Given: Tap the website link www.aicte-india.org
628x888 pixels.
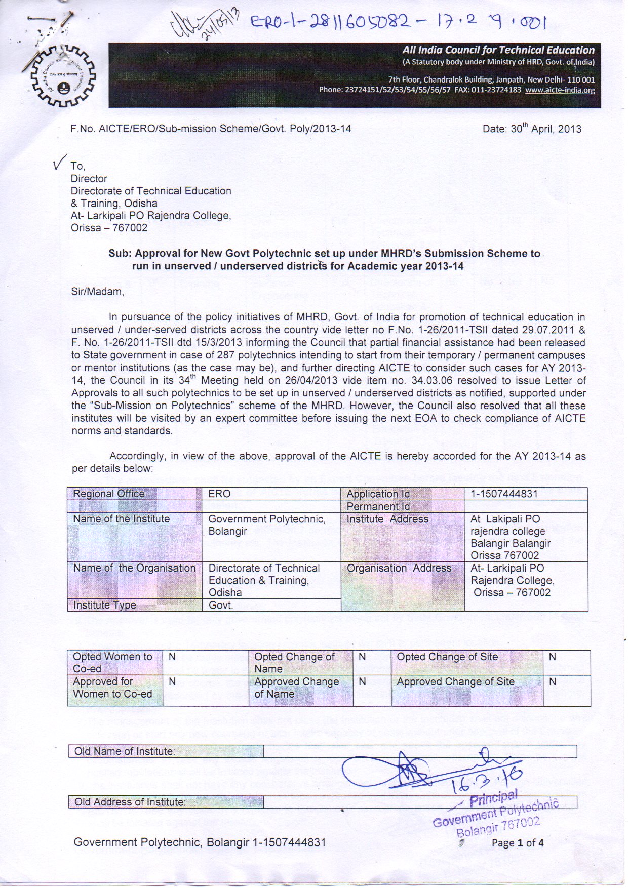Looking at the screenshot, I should (x=560, y=90).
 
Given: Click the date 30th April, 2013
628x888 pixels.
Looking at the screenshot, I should (x=532, y=129).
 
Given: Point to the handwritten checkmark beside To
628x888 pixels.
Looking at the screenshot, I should (x=60, y=164).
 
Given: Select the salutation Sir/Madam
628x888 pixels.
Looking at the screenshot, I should (x=97, y=292).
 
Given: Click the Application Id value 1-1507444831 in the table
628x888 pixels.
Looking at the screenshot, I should (x=504, y=494).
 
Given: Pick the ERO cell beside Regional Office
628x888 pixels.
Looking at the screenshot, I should (x=219, y=494).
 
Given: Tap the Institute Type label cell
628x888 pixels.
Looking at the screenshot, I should (x=104, y=605).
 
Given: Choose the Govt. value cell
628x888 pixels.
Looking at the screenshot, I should (x=221, y=605).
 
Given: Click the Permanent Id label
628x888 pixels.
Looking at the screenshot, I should (x=378, y=506).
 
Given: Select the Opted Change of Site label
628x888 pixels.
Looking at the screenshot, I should (x=447, y=657).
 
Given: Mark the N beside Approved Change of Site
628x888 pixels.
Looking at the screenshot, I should (x=553, y=682).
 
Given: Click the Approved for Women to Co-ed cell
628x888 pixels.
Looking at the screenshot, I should (x=112, y=688).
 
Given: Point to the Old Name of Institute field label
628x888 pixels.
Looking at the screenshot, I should (x=125, y=751).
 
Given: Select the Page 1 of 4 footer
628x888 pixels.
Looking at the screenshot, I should (x=517, y=843).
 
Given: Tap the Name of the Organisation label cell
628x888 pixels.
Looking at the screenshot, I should (x=134, y=568).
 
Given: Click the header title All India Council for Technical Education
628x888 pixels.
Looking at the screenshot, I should (x=498, y=50).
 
